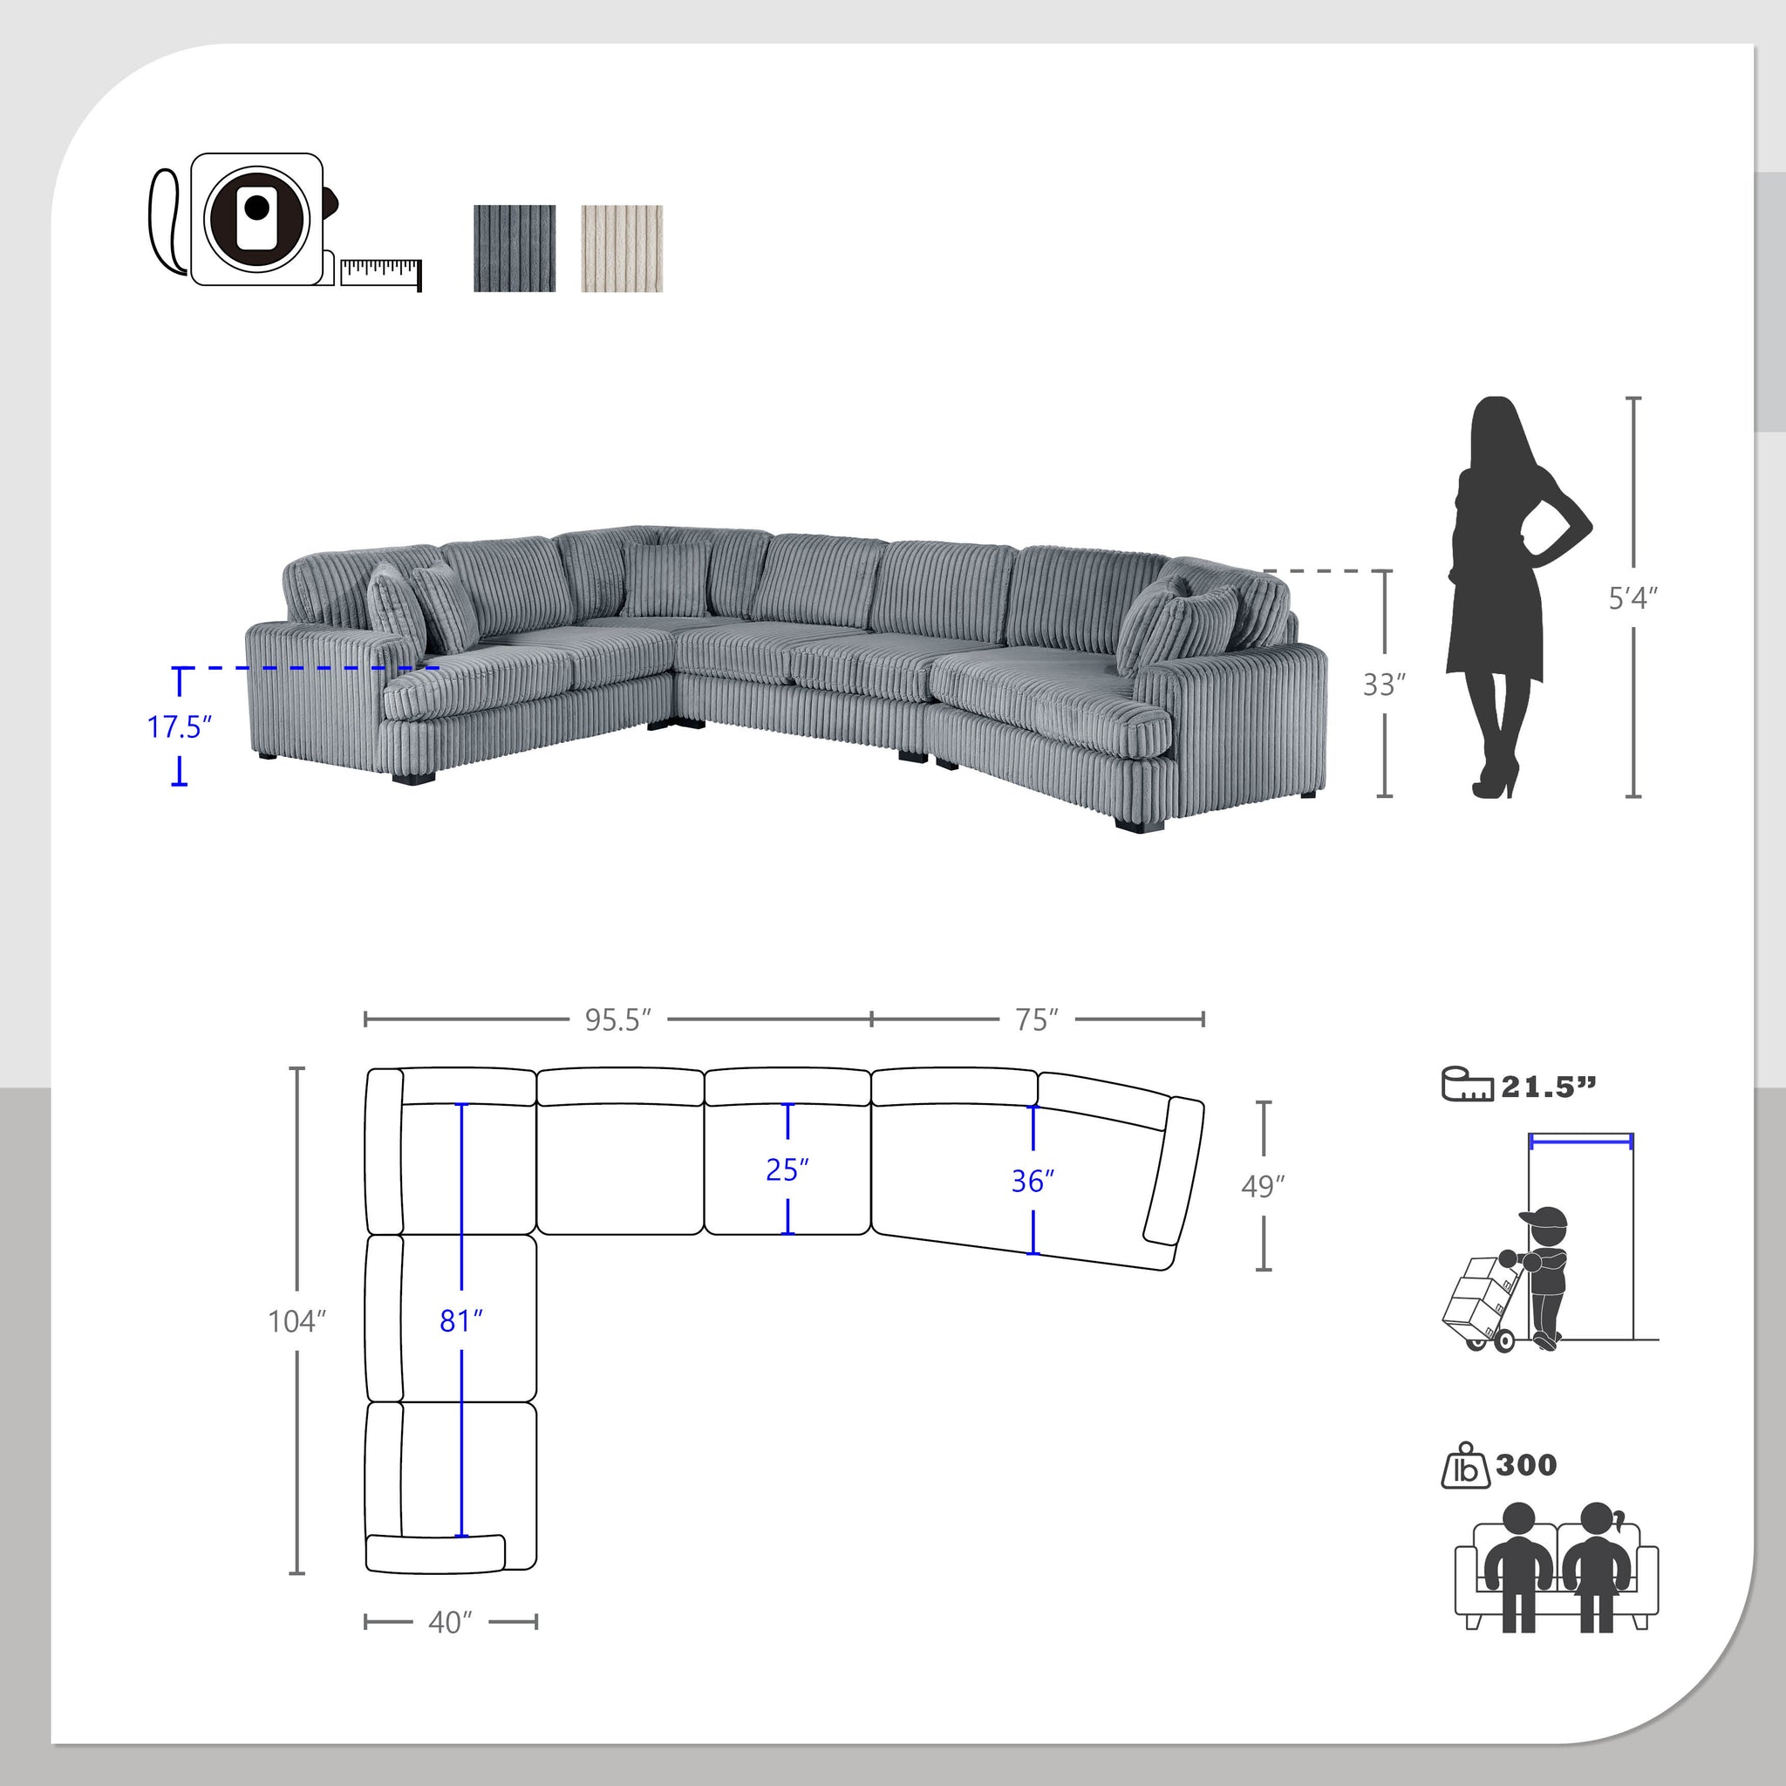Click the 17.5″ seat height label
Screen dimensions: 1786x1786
180,727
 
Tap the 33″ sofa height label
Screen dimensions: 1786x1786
1384,685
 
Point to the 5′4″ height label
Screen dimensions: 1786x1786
1633,599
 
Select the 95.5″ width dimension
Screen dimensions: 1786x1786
617,1019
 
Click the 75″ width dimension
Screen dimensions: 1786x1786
1036,1019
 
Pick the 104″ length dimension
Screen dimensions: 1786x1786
297,1322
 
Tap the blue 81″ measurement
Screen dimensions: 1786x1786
461,1322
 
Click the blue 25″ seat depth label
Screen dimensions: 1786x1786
787,1170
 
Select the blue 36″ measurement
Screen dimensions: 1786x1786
1033,1182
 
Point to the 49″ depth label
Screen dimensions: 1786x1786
1263,1186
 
